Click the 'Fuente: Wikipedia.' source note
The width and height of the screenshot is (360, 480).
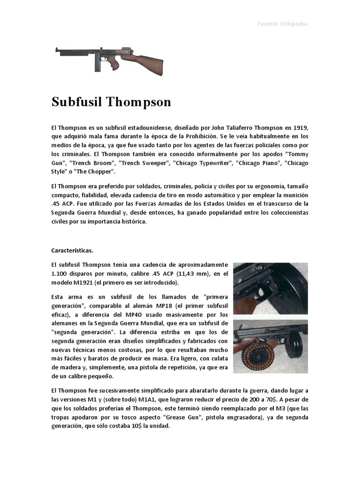tap(283, 24)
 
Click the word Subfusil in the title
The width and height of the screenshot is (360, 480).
tap(76, 102)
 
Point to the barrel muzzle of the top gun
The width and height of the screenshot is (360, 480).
tap(57, 49)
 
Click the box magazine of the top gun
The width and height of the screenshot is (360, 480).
tap(97, 64)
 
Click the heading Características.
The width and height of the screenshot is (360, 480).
tap(72, 250)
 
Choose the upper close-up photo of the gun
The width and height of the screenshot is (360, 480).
tap(270, 288)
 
